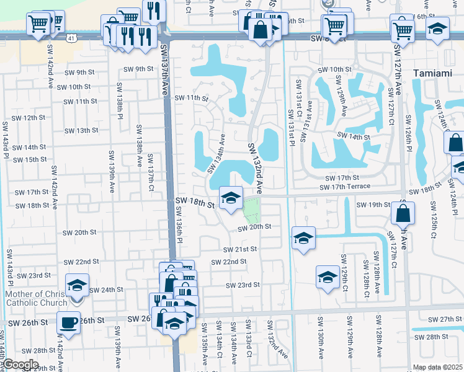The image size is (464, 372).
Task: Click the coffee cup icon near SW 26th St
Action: pos(68,322)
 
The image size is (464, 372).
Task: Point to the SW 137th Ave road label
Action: pos(164,69)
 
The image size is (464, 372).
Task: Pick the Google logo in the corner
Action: pos(20,365)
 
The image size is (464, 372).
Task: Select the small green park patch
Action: pos(251,212)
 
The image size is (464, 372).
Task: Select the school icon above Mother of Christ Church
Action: pos(78,285)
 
